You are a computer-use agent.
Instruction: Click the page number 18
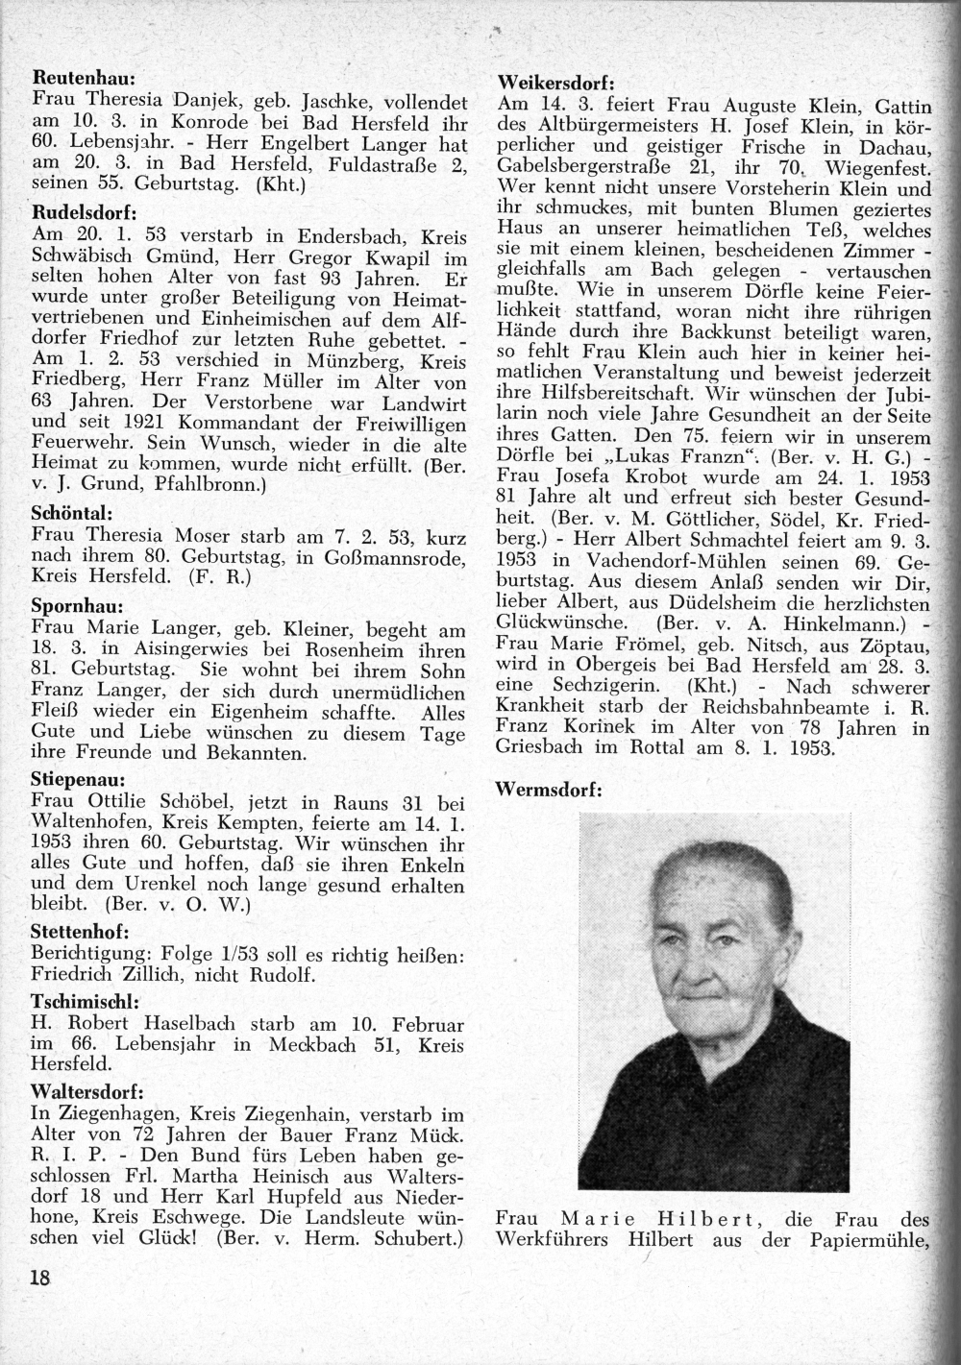pos(39,1279)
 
